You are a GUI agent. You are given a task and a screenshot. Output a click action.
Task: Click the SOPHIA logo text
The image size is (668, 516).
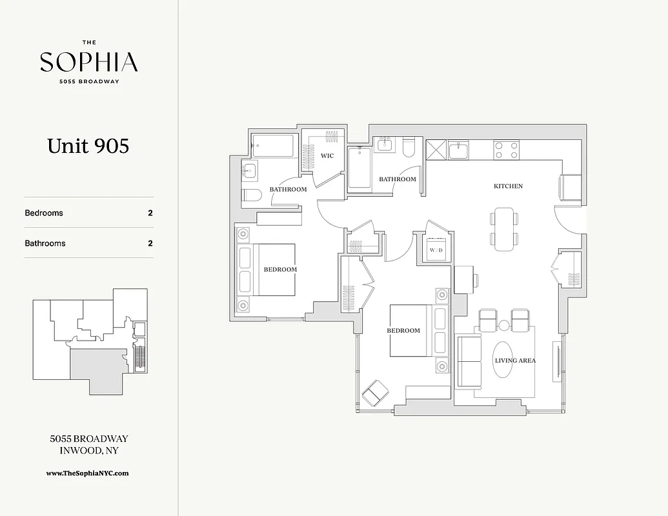[x=88, y=63]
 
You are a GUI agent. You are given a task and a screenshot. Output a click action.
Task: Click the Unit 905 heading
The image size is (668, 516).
[x=88, y=146]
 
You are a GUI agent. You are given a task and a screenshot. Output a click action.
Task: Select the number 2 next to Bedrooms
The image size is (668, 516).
[x=150, y=213]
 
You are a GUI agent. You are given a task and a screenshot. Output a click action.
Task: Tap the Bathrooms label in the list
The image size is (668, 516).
[x=45, y=243]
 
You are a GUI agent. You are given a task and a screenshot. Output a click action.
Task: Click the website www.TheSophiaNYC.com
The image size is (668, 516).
[x=88, y=473]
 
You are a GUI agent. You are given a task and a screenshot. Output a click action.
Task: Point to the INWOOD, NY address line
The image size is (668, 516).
[x=88, y=450]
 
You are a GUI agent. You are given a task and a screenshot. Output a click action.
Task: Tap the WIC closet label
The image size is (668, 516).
[x=327, y=155]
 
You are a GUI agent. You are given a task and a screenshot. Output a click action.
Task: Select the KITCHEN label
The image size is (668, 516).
[x=508, y=186]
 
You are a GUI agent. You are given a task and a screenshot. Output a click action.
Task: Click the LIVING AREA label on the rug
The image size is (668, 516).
[x=514, y=361]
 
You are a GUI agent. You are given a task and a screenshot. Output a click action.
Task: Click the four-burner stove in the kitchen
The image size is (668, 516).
[x=507, y=150]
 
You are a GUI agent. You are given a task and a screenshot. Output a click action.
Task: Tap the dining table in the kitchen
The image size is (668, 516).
[x=503, y=228]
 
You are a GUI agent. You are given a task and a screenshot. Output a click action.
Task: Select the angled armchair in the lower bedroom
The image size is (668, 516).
[x=375, y=393]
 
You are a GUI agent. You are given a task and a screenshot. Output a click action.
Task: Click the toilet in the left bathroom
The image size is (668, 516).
[x=251, y=195]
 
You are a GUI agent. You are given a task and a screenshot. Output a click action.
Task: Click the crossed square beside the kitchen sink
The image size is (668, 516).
[x=436, y=150]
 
